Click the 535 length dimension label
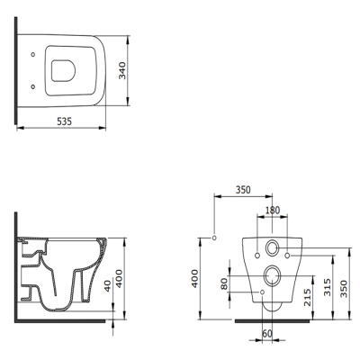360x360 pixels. click(65, 121)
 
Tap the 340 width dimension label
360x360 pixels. click(122, 70)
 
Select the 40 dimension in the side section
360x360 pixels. click(107, 286)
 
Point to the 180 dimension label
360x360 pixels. click(273, 210)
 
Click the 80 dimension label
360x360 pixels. click(224, 283)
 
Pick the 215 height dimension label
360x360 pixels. click(307, 297)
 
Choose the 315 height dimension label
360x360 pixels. click(328, 287)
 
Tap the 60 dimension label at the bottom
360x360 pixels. click(267, 333)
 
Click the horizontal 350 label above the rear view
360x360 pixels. click(243, 190)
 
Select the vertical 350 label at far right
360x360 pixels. click(344, 289)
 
